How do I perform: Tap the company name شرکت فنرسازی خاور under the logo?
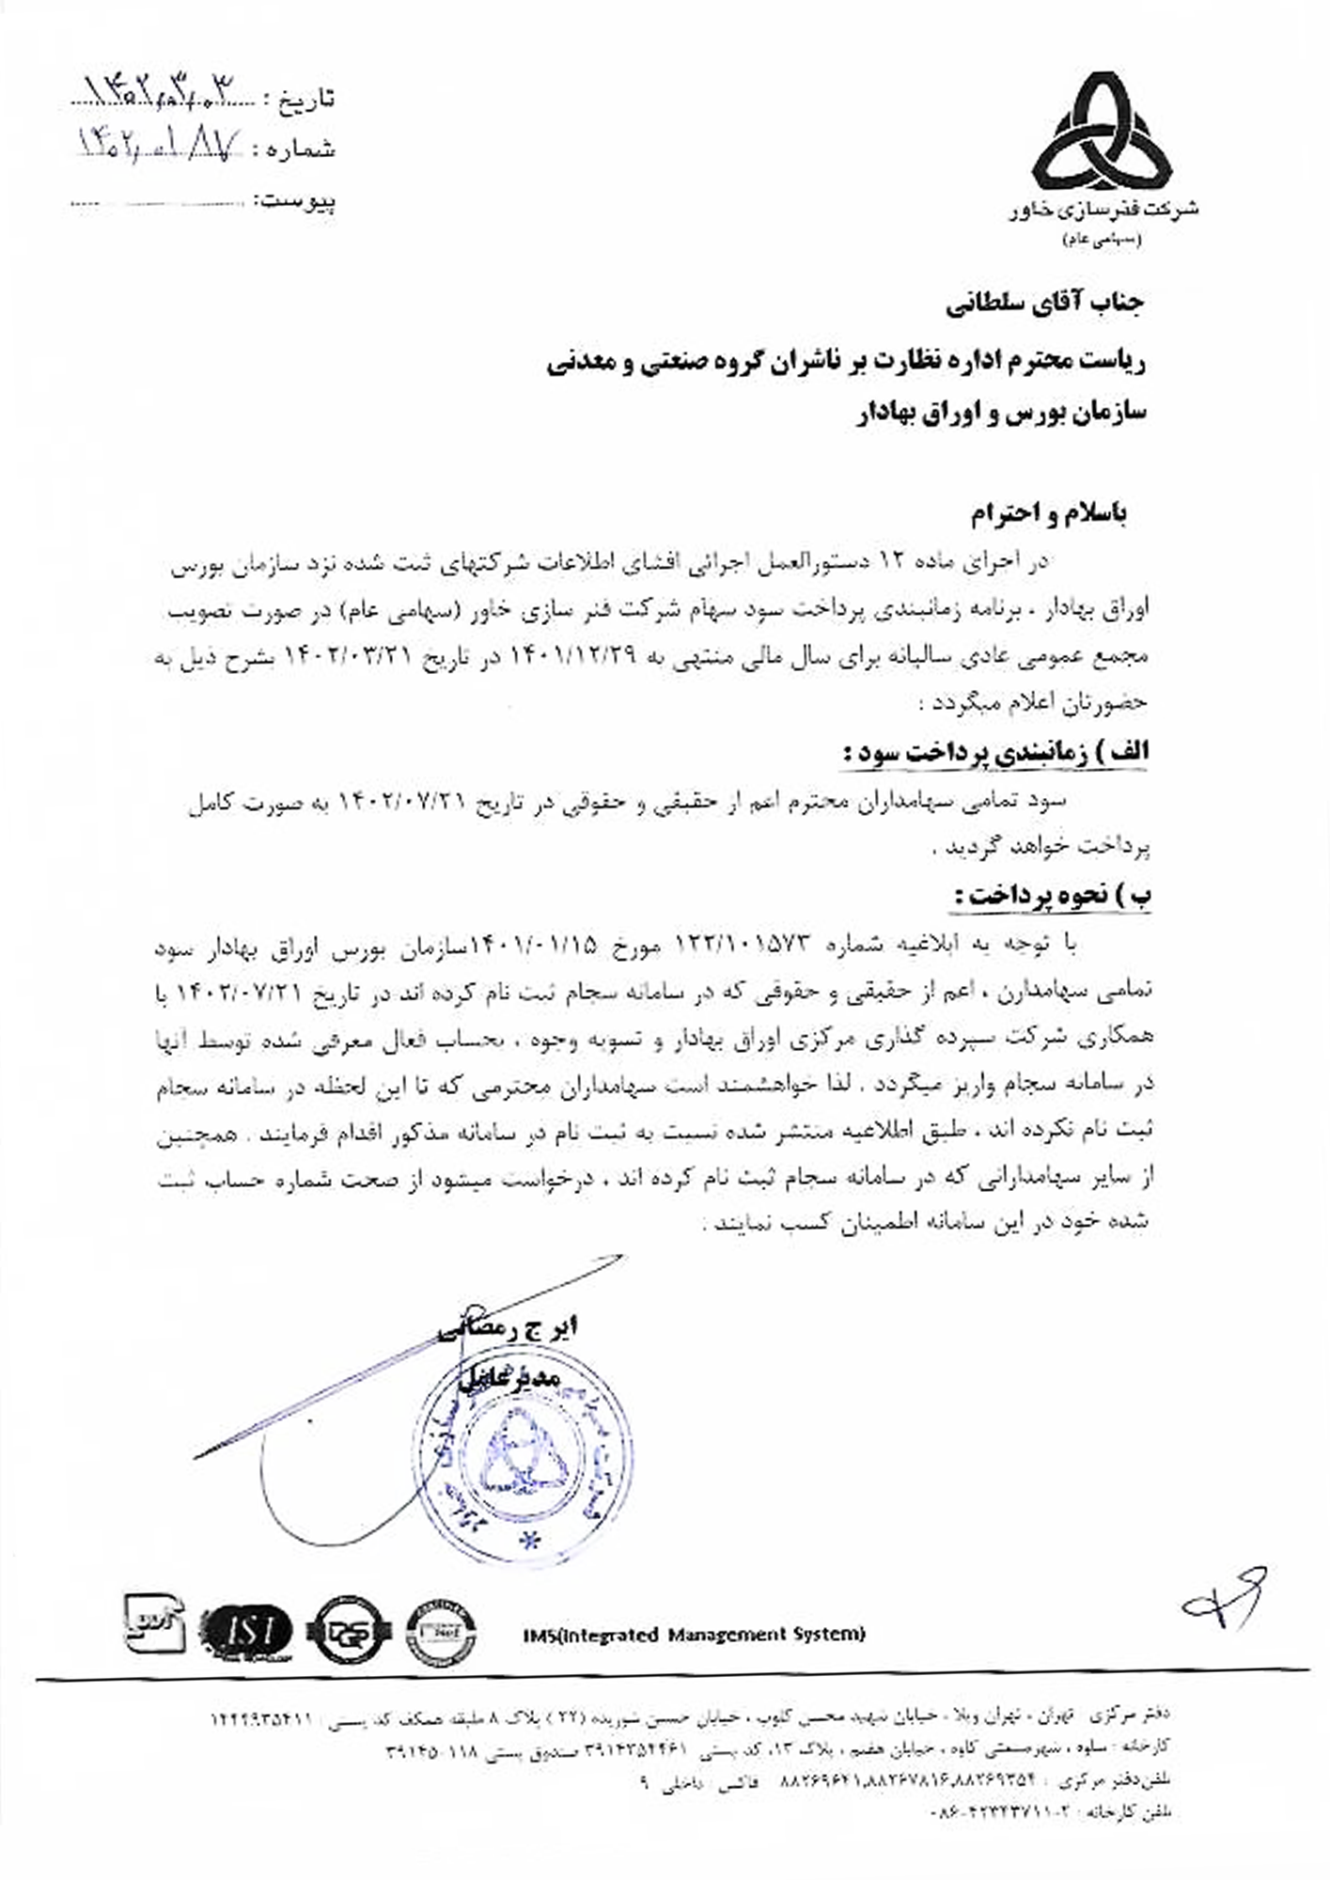(1104, 210)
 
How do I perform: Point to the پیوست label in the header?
(300, 200)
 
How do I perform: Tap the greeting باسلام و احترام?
(1048, 513)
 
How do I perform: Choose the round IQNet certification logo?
(441, 1632)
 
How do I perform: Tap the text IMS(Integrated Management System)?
(694, 1635)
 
